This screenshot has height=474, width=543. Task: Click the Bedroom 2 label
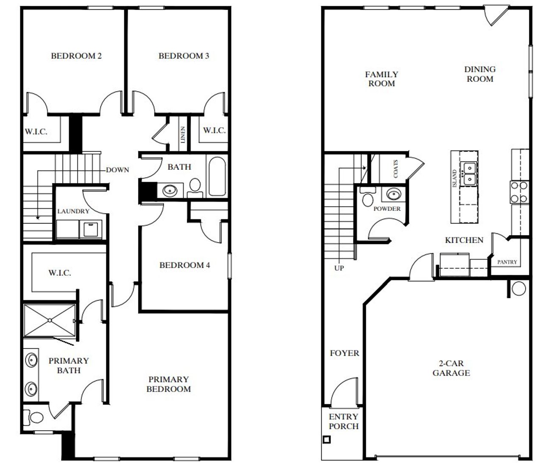76,56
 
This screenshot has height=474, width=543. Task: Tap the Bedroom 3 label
184,56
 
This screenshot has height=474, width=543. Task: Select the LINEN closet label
182,135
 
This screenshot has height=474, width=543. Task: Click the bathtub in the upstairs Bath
217,176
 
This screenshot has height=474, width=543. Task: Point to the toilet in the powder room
367,197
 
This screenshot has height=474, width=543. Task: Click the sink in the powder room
393,195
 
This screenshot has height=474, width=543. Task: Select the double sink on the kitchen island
469,174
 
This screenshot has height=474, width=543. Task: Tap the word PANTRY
507,262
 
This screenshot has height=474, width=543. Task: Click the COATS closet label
396,168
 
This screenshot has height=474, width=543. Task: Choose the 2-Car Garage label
451,368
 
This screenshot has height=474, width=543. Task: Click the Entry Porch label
343,421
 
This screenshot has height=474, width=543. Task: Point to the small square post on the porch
326,440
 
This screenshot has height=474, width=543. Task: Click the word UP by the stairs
339,268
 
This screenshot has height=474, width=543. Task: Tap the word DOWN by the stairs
118,170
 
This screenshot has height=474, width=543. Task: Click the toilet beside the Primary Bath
34,417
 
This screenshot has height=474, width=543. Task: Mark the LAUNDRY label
73,211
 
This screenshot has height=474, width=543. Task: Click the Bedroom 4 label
185,265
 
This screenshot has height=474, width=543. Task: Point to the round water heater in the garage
518,288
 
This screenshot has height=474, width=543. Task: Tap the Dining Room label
480,74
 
